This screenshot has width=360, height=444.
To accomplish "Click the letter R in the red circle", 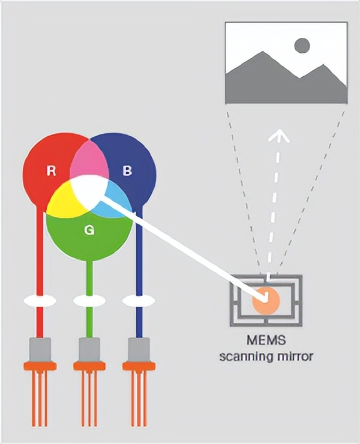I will coord(52,171).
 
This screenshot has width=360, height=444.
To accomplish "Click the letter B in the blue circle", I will coord(127,171).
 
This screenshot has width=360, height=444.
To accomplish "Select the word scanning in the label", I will coord(244,357).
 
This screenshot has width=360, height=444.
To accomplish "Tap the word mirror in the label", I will coord(294,357).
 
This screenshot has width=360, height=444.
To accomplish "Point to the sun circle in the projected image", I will coord(302,46).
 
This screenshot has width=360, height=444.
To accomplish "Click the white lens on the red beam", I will coord(40,300).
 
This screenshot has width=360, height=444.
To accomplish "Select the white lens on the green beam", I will coord(89,300).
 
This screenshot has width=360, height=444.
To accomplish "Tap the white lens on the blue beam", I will coord(138,300).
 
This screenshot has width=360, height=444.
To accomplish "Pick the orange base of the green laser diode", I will coord(89,365).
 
